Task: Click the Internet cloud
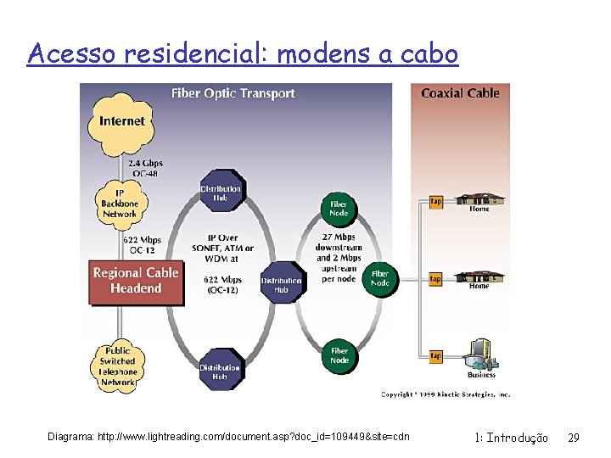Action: tap(122, 121)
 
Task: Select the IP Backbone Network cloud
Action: tap(120, 204)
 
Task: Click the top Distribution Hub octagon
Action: tap(221, 193)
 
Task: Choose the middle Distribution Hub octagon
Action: tap(281, 285)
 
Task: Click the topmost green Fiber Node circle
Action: tap(338, 209)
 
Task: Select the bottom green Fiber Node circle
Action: tap(339, 355)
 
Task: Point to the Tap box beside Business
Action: tap(435, 355)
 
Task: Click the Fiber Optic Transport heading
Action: tap(233, 93)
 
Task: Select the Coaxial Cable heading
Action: tap(460, 93)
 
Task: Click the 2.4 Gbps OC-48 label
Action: tap(146, 168)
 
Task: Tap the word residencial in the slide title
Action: tap(197, 54)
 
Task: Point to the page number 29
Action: tap(574, 438)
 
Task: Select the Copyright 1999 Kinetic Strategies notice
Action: tap(445, 394)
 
